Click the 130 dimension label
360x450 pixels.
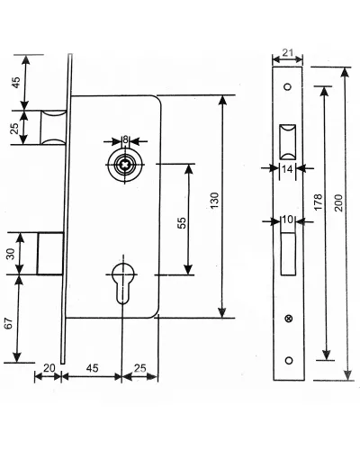[x=214, y=201]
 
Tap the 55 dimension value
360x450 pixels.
[x=182, y=222]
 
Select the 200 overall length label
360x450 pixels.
[x=338, y=202]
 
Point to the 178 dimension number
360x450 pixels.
[x=319, y=202]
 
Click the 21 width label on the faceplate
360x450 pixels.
[x=288, y=52]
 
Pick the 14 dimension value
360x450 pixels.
[x=287, y=169]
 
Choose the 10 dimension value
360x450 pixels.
[x=287, y=220]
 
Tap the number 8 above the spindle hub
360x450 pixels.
[x=125, y=139]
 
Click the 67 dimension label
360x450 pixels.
[x=9, y=323]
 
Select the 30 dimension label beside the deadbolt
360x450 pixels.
[x=10, y=254]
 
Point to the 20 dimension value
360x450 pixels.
[x=49, y=368]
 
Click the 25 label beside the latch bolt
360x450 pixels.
[x=14, y=128]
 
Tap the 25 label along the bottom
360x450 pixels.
[x=140, y=368]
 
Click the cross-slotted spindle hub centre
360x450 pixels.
[x=124, y=165]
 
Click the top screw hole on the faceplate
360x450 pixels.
[x=288, y=87]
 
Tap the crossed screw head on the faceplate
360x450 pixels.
[x=289, y=319]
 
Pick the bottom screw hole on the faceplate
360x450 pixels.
[x=289, y=360]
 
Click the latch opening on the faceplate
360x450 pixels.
[x=288, y=142]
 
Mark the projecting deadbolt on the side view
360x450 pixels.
[x=50, y=253]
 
